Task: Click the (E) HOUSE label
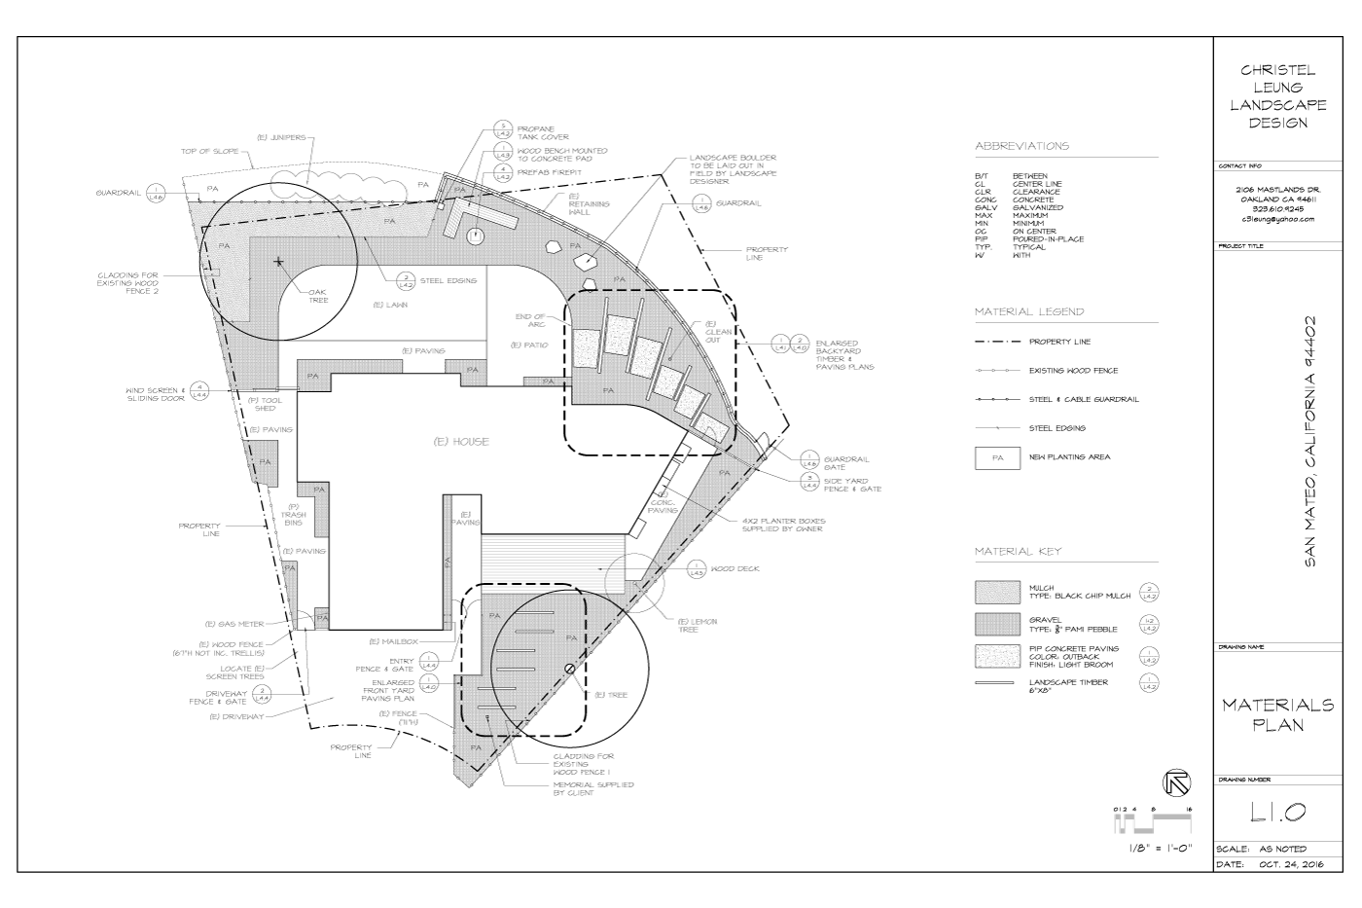point(461,442)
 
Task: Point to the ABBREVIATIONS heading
point(1021,146)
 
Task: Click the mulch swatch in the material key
point(997,593)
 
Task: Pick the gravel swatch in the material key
point(997,623)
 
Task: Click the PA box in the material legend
point(997,457)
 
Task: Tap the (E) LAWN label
point(389,305)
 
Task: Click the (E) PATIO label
point(528,345)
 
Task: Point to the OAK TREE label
point(318,296)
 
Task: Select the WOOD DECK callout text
point(735,569)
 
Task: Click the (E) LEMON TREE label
point(698,626)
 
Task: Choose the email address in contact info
point(1277,219)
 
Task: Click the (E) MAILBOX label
point(393,641)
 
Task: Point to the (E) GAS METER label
point(230,624)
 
